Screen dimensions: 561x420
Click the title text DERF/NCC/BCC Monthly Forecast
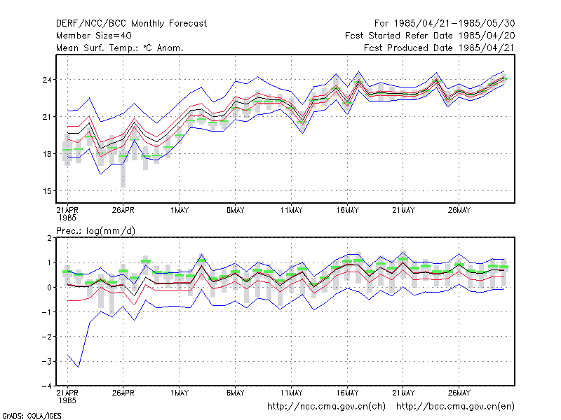[131, 24]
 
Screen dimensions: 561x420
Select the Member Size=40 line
[94, 36]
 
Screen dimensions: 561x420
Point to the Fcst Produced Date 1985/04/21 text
[439, 48]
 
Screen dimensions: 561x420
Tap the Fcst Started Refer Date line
[430, 36]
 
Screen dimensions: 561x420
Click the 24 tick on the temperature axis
[47, 80]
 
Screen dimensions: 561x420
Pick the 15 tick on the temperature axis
[47, 191]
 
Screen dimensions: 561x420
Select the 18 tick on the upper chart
[47, 154]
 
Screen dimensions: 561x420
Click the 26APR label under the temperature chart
[123, 210]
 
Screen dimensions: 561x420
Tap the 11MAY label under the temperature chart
[291, 210]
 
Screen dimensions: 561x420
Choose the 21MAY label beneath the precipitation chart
[403, 393]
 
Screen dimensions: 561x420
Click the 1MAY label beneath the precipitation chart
[180, 393]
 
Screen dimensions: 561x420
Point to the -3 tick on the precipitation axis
[46, 361]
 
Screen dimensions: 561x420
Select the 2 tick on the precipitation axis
[49, 238]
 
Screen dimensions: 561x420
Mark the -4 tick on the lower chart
[46, 386]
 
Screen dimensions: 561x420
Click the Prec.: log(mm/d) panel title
[95, 231]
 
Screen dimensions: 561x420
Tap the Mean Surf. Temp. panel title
[119, 48]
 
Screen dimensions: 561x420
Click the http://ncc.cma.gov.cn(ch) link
[326, 407]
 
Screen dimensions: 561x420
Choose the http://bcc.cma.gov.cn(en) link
[455, 407]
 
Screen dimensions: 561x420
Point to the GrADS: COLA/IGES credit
[32, 416]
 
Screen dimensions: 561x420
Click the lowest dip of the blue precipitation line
[79, 367]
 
